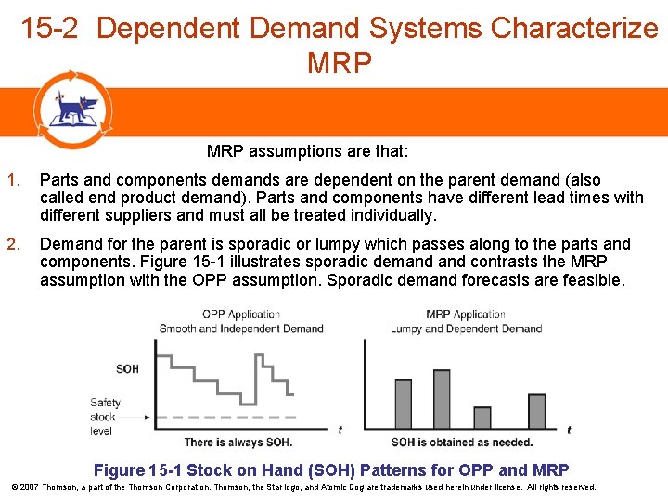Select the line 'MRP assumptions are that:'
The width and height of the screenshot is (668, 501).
[x=307, y=151]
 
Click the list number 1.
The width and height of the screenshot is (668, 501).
[x=12, y=180]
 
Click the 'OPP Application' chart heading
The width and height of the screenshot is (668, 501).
[x=240, y=315]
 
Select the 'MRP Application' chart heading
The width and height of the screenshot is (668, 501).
[x=466, y=315]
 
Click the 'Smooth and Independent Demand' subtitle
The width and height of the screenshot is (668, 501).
[x=241, y=328]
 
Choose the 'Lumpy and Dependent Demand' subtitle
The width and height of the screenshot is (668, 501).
[x=466, y=328]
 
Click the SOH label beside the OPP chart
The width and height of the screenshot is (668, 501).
[x=127, y=369]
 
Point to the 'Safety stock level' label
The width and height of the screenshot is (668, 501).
[x=105, y=417]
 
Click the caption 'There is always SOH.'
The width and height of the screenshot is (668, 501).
[x=238, y=443]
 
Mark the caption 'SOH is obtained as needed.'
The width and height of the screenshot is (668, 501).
[x=461, y=443]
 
